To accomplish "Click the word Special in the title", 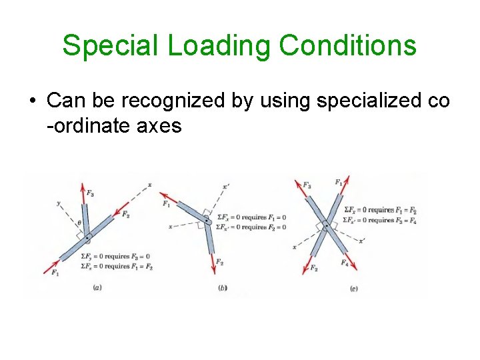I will tap(111, 46).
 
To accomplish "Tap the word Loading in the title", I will tap(219, 46).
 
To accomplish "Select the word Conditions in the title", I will tap(348, 46).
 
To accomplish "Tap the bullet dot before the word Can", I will tap(31, 102).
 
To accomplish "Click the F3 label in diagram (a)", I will tap(90, 193).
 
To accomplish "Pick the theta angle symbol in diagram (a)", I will tap(79, 224).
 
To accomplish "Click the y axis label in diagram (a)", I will tap(59, 203).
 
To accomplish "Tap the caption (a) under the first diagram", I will tap(97, 288).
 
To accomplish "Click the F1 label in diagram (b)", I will tap(165, 204).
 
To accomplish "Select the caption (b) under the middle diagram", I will tap(222, 288).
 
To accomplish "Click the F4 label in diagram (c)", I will tap(345, 264).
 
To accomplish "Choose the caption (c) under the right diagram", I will tap(353, 288).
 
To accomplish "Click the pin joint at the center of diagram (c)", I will tap(326, 227).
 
